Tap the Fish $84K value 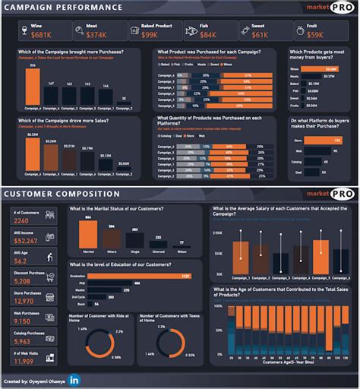[208, 34]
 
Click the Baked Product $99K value [150, 34]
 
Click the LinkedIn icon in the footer [74, 379]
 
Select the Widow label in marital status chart [182, 250]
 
